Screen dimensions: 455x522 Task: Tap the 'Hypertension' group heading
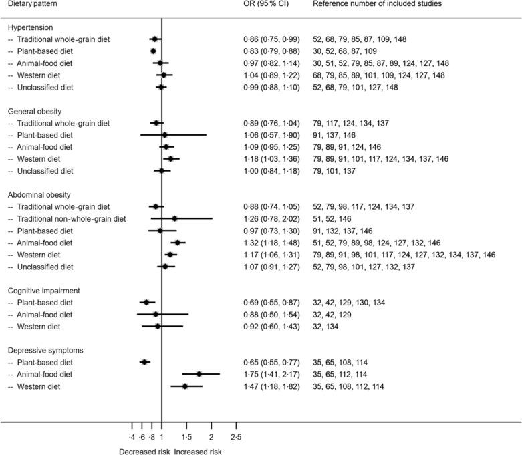pos(31,27)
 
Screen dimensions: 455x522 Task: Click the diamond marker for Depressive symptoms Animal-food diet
pos(199,374)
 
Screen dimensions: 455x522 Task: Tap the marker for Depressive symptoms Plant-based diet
pos(144,362)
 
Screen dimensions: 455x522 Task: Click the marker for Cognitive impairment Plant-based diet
pos(146,303)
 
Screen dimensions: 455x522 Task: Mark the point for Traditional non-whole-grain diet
pos(174,218)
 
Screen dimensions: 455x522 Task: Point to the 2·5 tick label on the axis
pos(235,436)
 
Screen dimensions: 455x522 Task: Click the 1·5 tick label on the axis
pos(186,436)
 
